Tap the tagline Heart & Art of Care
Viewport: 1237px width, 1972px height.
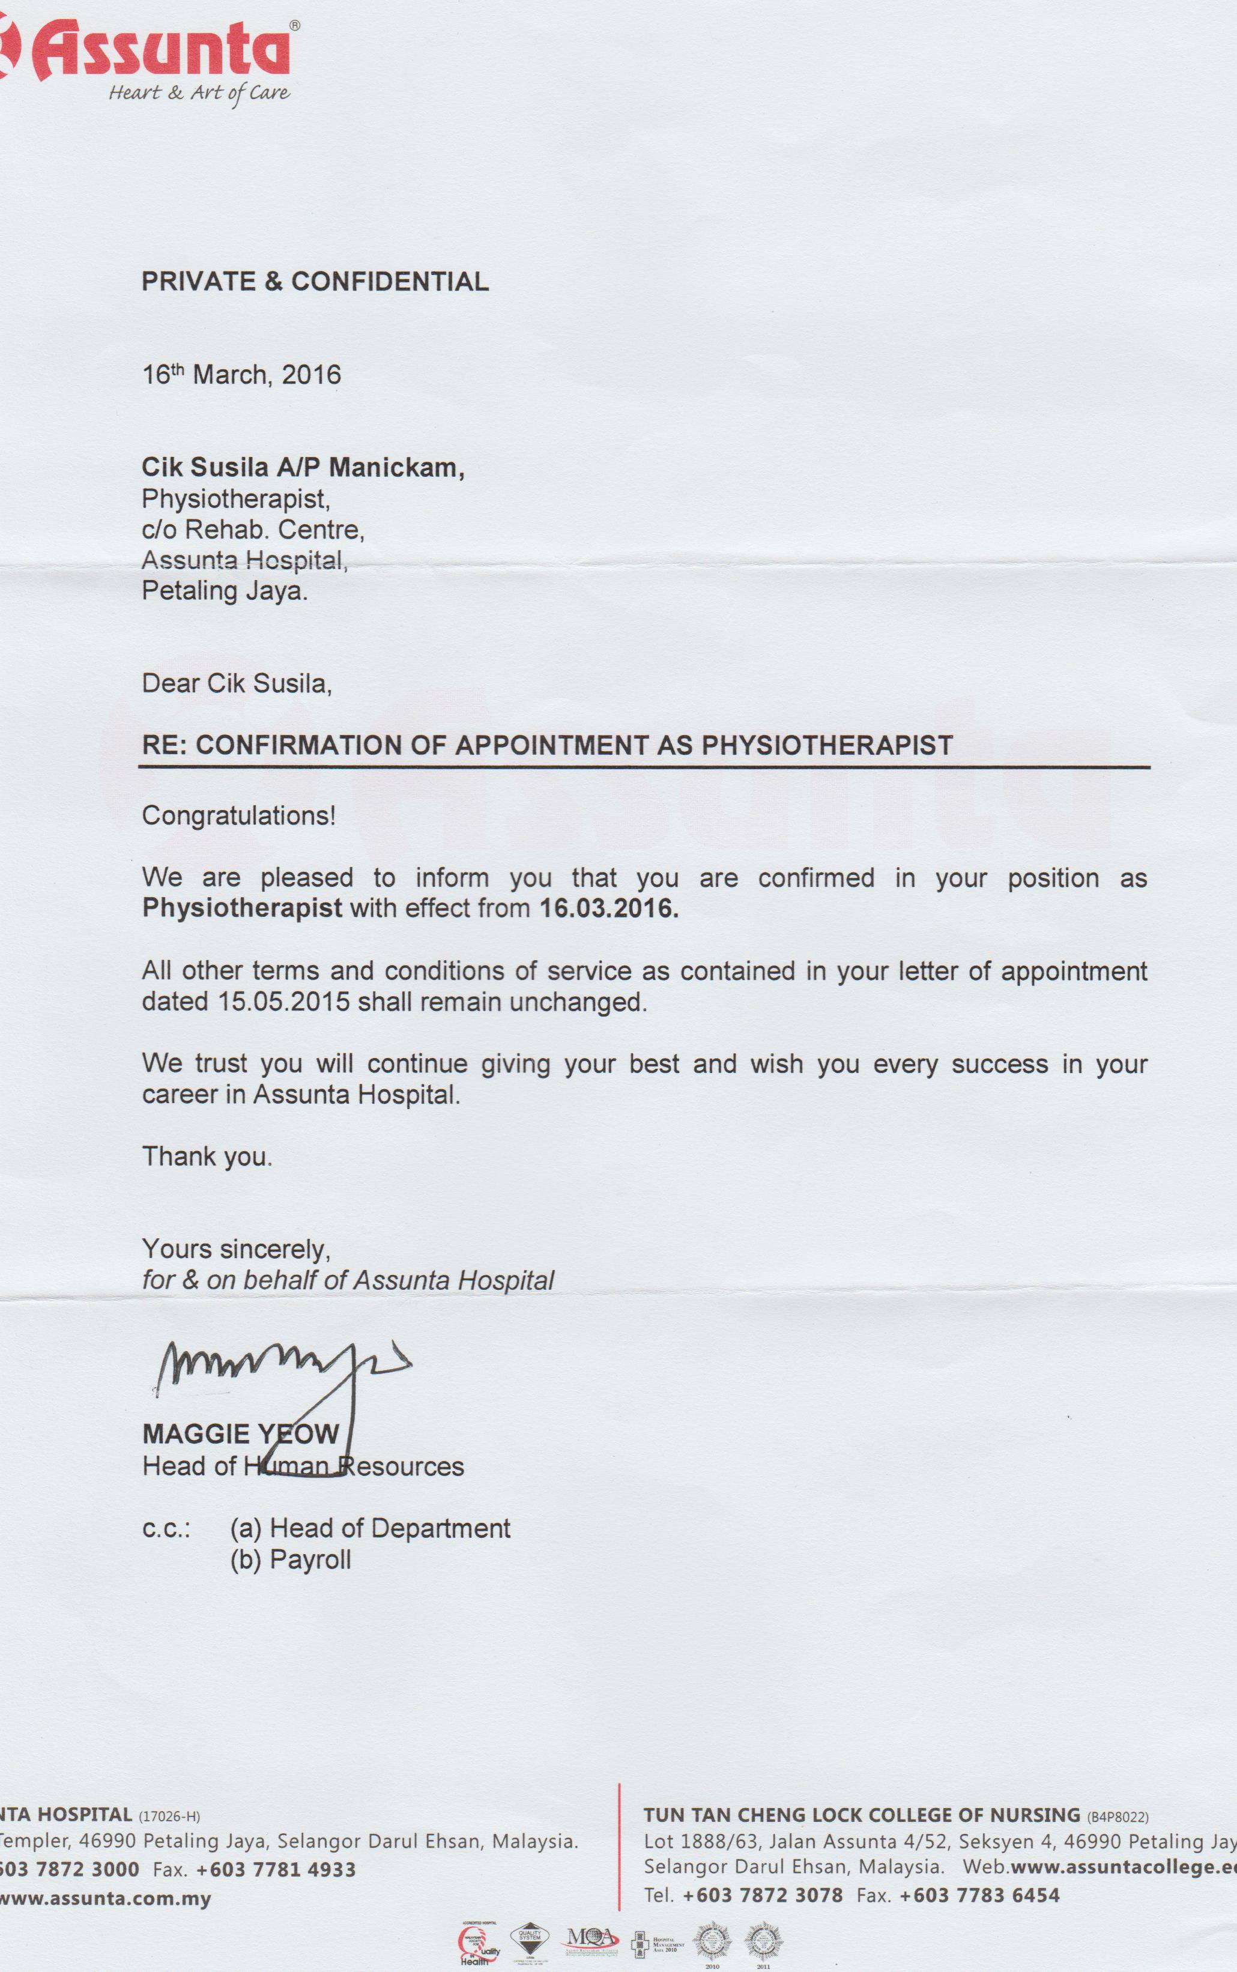199,92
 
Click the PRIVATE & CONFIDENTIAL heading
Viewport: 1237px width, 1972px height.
315,282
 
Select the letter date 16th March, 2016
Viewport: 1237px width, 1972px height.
241,375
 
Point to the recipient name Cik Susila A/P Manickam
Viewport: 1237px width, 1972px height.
303,467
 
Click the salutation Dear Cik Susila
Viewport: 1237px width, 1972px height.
237,683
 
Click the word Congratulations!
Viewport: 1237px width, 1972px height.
238,815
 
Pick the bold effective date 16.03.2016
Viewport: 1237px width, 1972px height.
609,908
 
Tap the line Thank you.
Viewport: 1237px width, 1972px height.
207,1156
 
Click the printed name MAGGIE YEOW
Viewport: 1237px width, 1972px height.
241,1434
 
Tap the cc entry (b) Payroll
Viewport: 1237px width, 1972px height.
291,1560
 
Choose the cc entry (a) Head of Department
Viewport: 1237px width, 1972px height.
370,1528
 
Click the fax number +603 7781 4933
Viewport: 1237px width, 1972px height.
276,1870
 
